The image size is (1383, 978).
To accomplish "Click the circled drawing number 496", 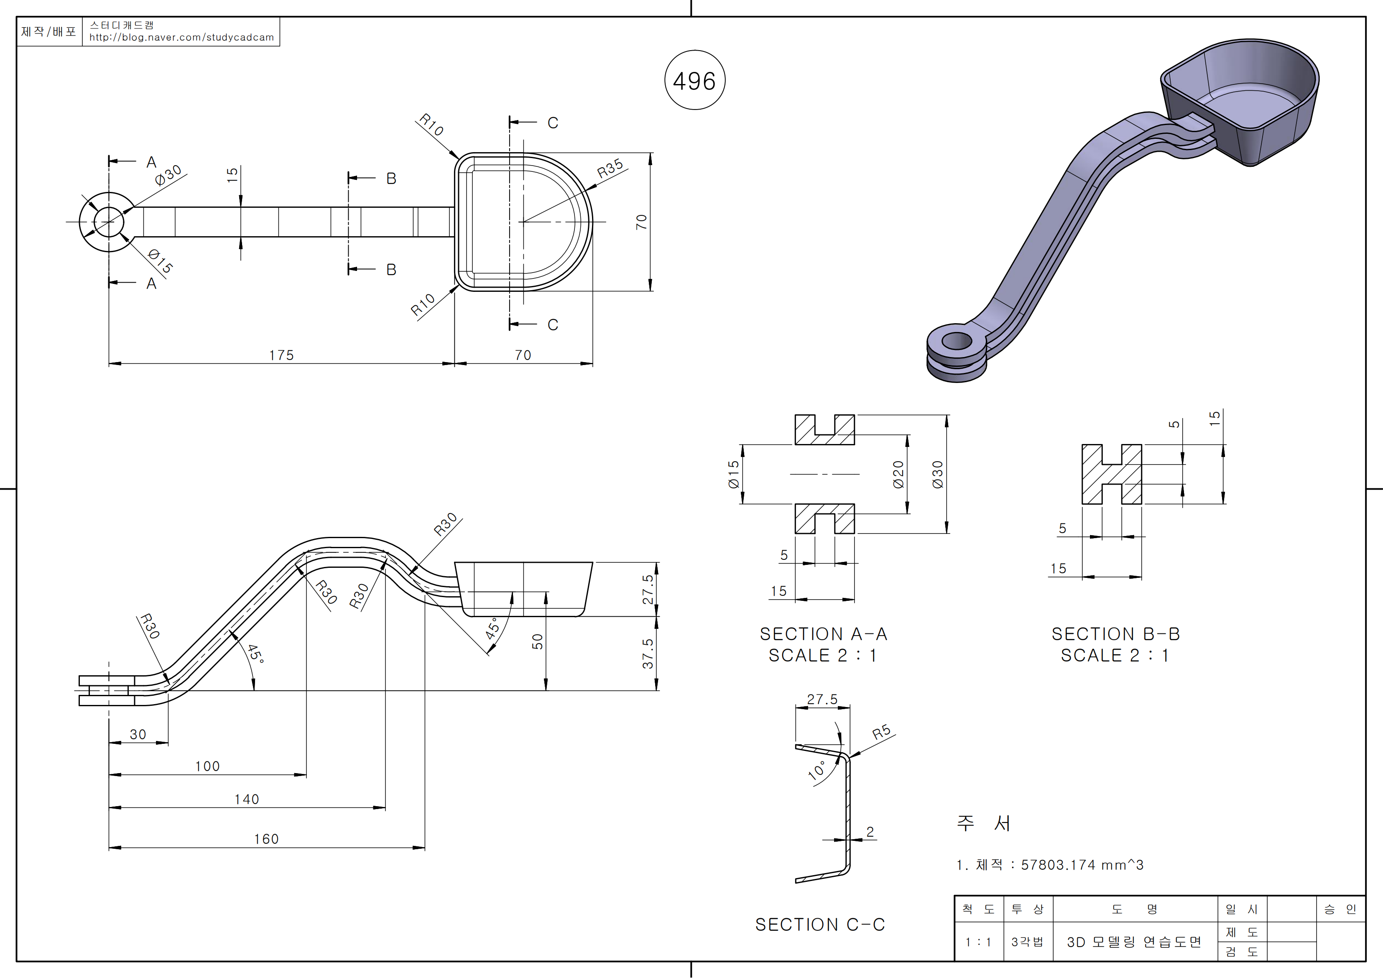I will [x=694, y=81].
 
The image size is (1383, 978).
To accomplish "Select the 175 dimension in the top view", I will [x=281, y=355].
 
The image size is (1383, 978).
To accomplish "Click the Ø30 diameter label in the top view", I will [x=168, y=175].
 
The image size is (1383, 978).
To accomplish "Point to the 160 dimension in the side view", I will [x=266, y=839].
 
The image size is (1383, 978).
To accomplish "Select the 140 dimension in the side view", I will [x=246, y=799].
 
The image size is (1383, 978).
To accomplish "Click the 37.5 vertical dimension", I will [x=648, y=654].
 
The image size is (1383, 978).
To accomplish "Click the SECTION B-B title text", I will [x=1115, y=634].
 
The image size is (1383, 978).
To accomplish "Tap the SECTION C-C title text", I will [x=820, y=924].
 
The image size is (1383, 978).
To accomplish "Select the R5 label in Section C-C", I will [x=881, y=732].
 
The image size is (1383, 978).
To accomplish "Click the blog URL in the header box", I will [x=181, y=37].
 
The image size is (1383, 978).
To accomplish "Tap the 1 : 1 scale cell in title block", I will [x=978, y=942].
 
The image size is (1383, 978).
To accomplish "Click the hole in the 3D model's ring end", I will [x=957, y=342].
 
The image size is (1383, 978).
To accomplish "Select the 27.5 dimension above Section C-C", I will [x=822, y=699].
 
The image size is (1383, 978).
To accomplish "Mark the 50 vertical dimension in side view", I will [x=537, y=642].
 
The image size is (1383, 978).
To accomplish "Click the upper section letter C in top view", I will [x=552, y=123].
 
